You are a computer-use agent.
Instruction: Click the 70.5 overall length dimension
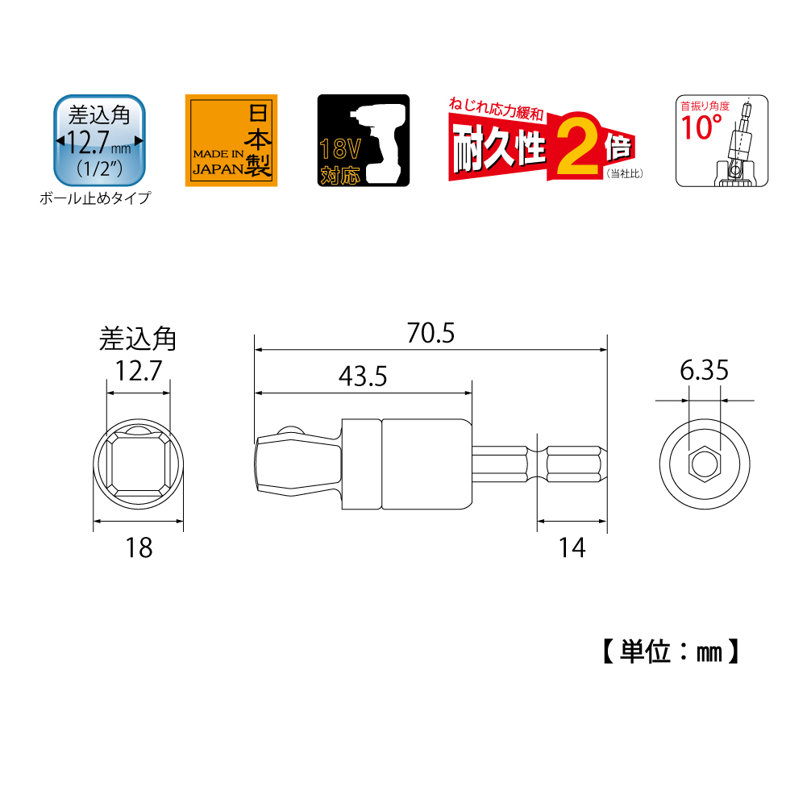(431, 333)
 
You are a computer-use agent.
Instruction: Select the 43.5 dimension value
(363, 376)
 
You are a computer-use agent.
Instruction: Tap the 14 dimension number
(572, 547)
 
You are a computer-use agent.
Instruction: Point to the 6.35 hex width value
(704, 371)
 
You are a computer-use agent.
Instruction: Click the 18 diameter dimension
(139, 547)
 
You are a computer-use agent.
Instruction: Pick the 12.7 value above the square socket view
(138, 371)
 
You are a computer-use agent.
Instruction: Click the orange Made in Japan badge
(231, 140)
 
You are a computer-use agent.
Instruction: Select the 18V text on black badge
(339, 149)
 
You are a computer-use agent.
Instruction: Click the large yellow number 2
(578, 145)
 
